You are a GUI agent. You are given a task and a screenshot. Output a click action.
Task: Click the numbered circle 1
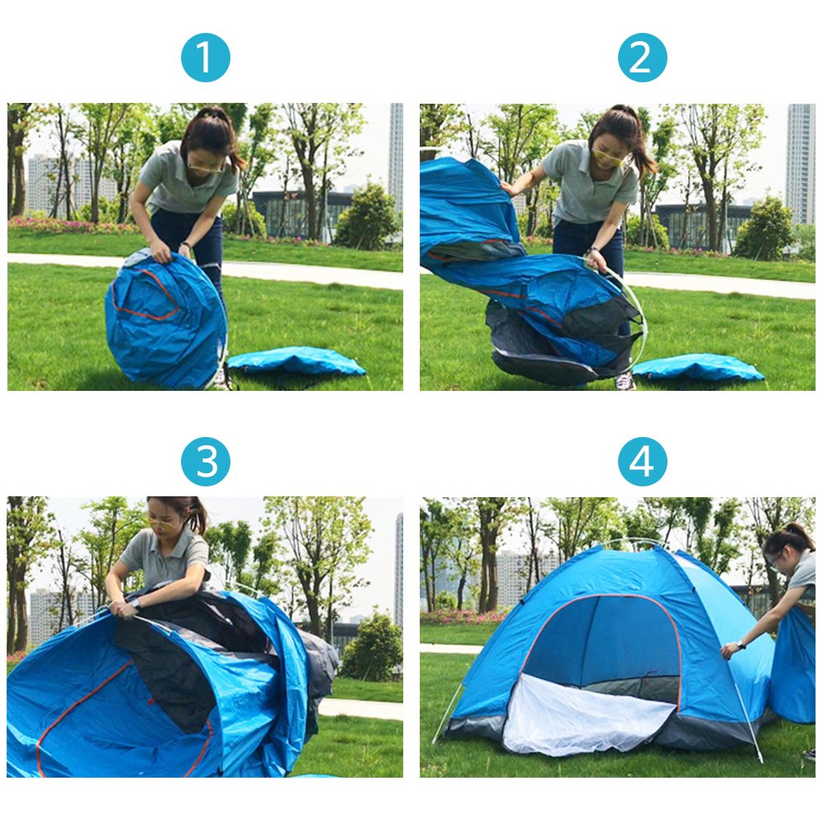click(x=205, y=58)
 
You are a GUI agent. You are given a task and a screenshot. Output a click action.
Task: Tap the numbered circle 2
click(x=642, y=58)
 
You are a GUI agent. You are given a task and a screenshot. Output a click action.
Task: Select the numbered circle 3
click(x=205, y=462)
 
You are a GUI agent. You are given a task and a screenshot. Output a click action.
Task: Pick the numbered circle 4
click(x=642, y=462)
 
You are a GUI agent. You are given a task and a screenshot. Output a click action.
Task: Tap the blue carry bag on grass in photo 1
click(x=296, y=361)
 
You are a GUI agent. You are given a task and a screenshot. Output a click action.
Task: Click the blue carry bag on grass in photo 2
click(x=698, y=367)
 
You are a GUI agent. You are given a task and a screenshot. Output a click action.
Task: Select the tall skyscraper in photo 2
click(x=801, y=163)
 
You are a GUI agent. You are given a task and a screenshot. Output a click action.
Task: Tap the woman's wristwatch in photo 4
click(x=741, y=644)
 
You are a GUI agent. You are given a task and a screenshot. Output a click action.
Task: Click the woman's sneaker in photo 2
click(x=625, y=382)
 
